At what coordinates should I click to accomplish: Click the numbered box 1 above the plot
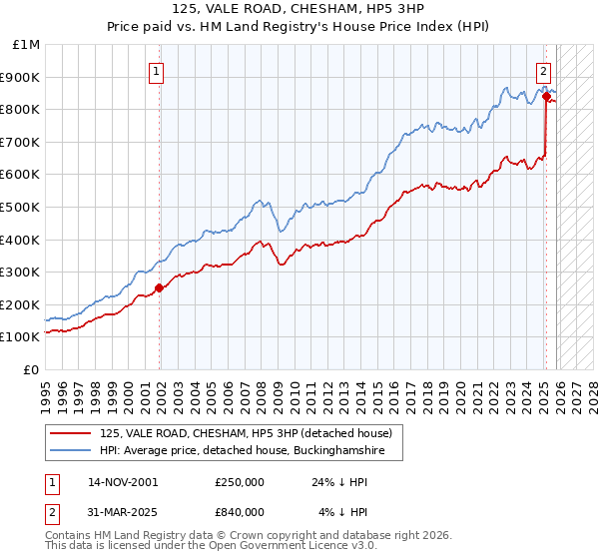[158, 71]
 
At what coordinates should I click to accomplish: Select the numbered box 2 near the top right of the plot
[544, 71]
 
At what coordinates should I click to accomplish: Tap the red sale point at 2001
[159, 287]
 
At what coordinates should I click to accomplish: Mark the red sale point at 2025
[546, 97]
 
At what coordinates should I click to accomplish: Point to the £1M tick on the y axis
[27, 45]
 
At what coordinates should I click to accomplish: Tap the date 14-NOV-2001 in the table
[124, 482]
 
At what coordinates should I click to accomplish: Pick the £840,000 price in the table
[240, 512]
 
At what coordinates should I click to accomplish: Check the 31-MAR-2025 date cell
[124, 512]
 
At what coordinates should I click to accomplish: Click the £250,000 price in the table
[240, 482]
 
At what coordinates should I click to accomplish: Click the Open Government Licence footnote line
[196, 548]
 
